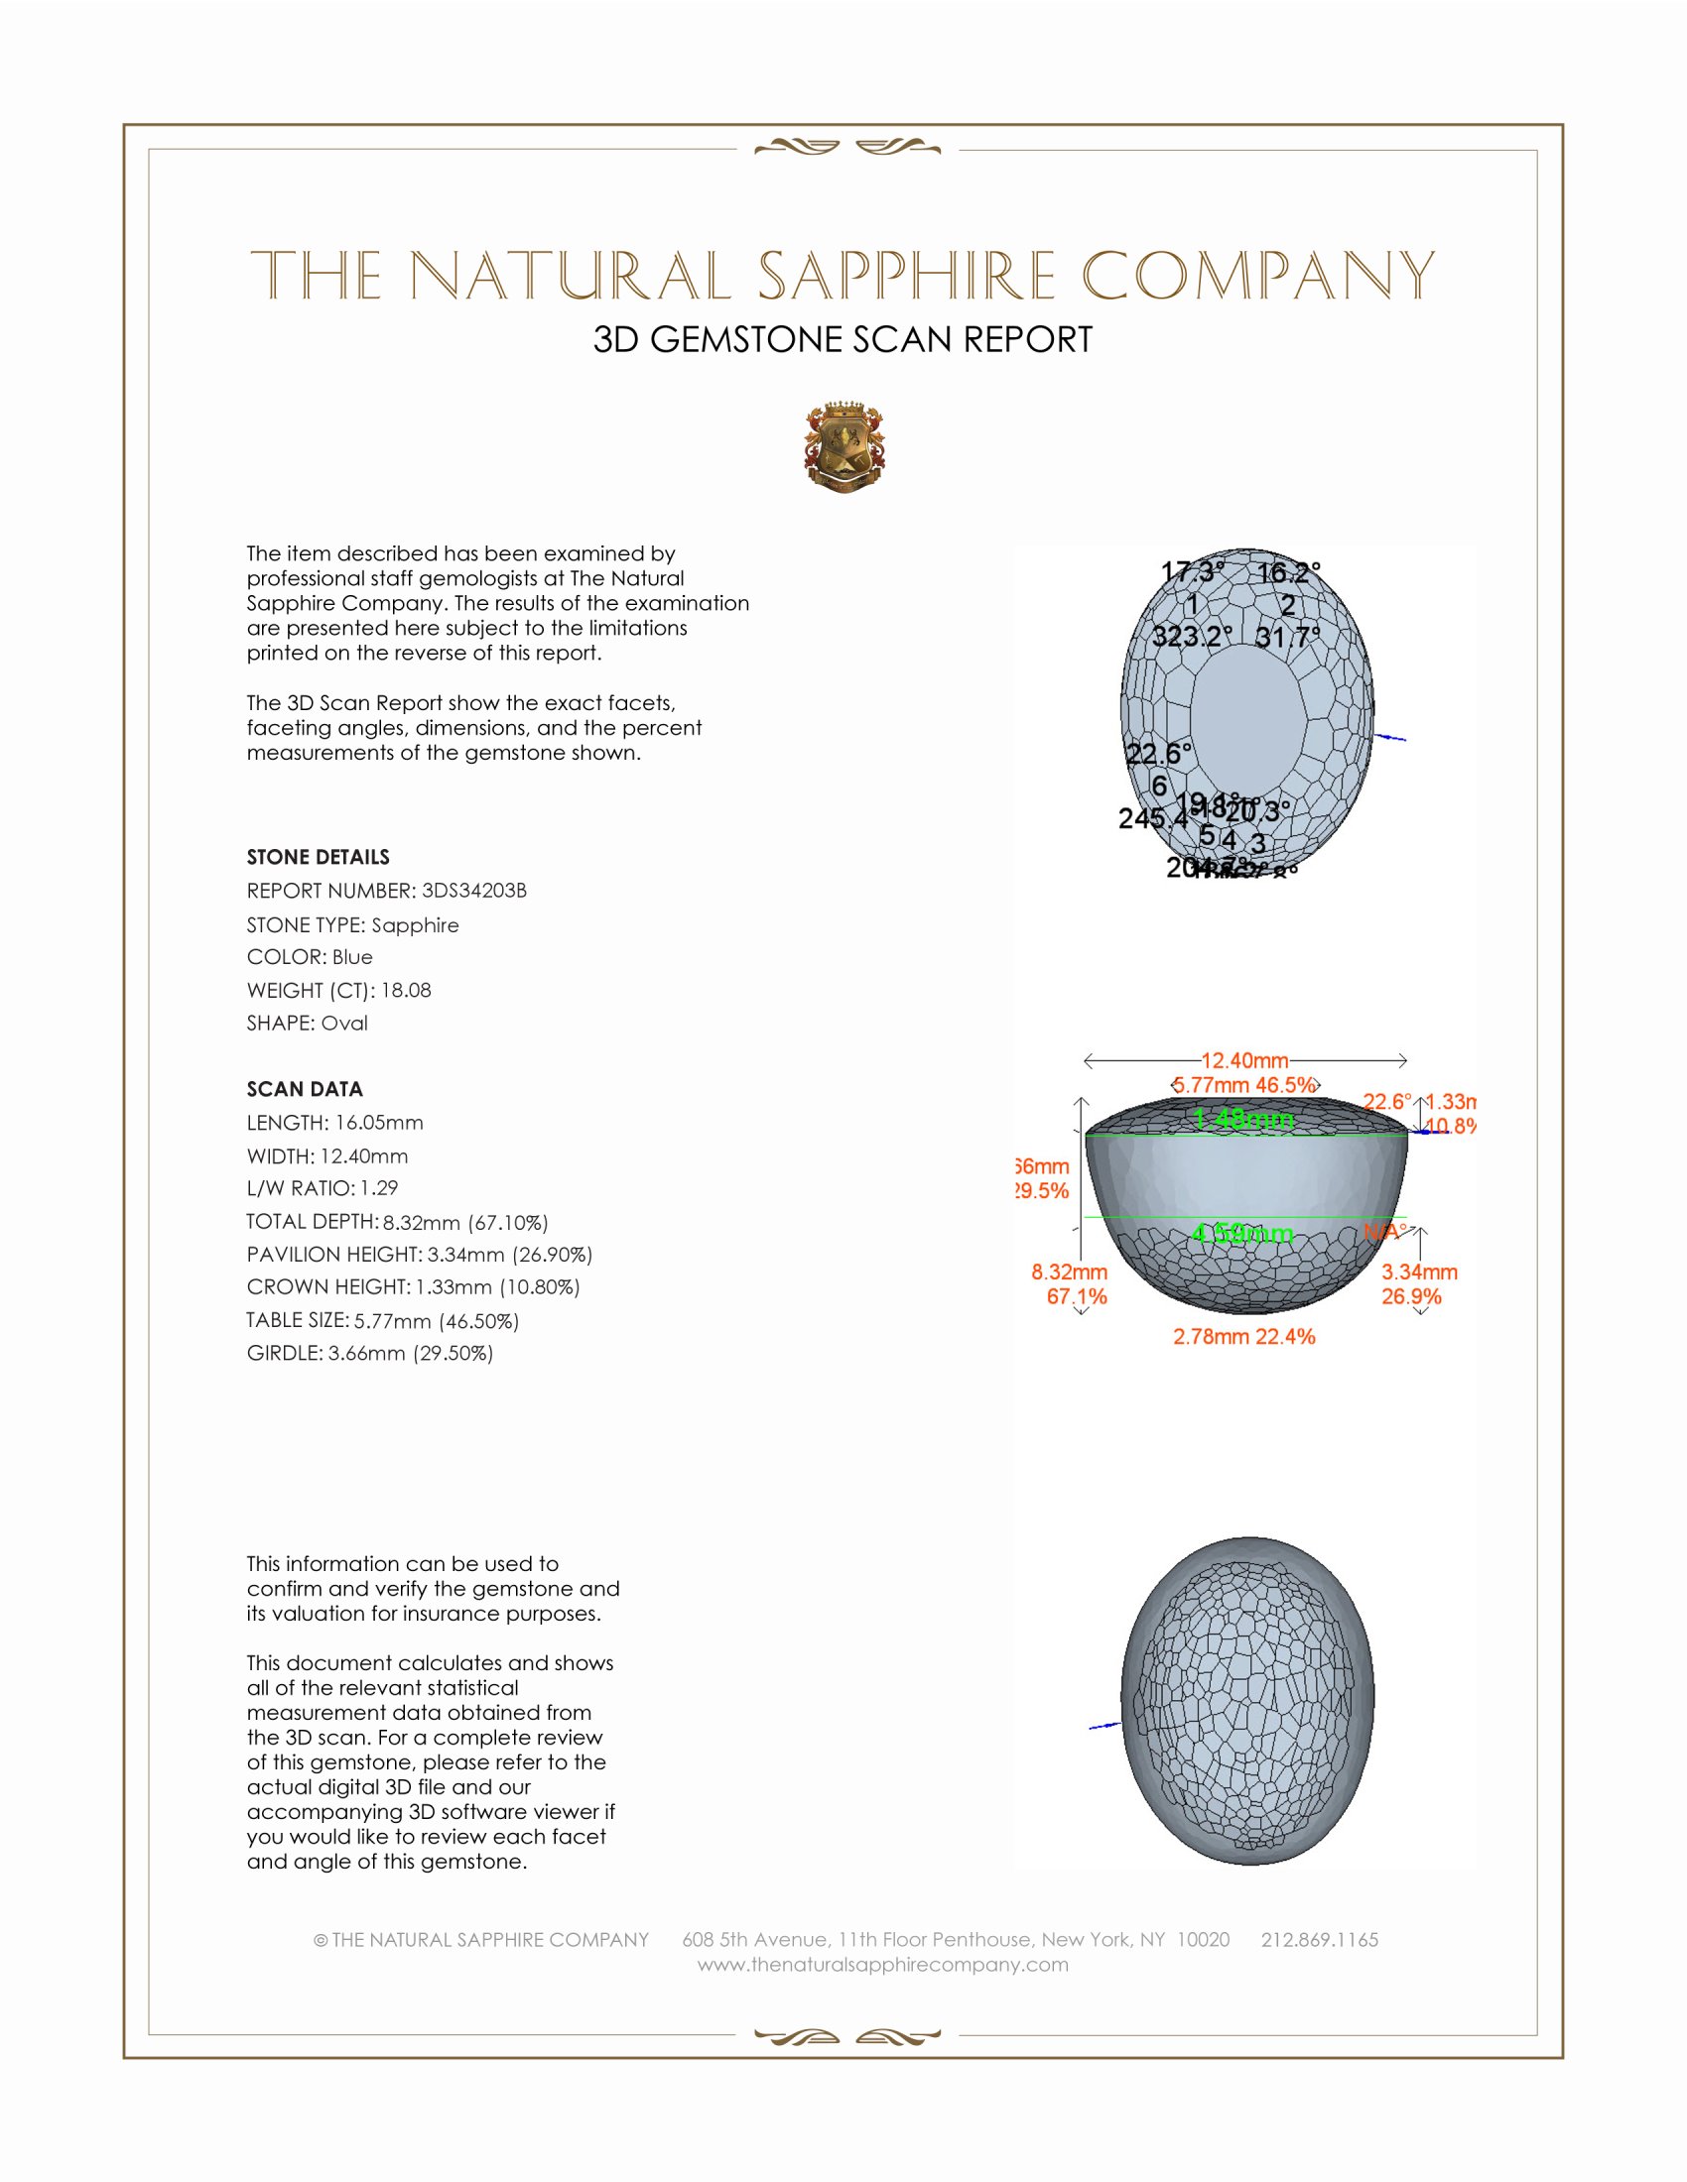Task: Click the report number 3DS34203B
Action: point(473,891)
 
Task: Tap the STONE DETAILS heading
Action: point(318,857)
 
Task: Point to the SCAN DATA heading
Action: point(305,1089)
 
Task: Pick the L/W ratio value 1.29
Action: point(379,1188)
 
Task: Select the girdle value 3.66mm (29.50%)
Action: point(411,1353)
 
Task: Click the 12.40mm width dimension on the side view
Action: point(1244,1060)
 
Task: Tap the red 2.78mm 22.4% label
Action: point(1244,1337)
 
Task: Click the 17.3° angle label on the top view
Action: point(1192,572)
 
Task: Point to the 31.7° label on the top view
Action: point(1287,637)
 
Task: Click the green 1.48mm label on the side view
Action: point(1244,1119)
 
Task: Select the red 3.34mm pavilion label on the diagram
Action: point(1419,1272)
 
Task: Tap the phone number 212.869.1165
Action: point(1319,1939)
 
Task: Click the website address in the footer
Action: point(882,1964)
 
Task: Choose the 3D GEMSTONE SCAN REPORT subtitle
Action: point(843,339)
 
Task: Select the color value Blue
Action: point(352,957)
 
